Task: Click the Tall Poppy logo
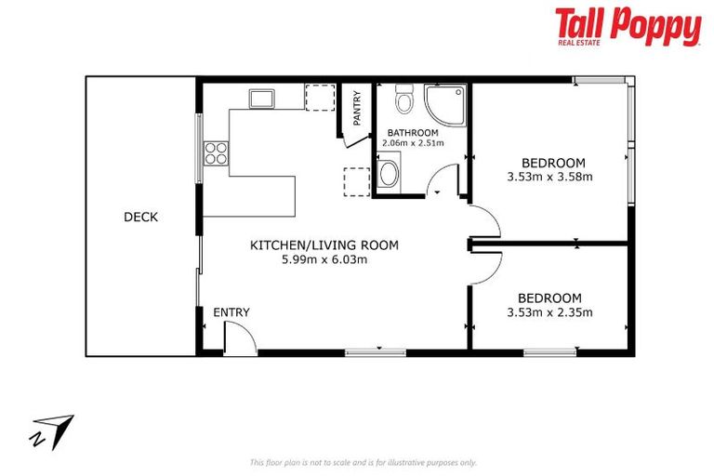(628, 26)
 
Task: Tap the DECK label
(140, 218)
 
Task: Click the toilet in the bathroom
(403, 99)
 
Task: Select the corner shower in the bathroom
(445, 105)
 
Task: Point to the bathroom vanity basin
(389, 174)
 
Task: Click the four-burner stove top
(216, 153)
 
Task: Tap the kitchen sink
(261, 99)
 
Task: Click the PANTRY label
(357, 109)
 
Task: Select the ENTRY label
(231, 312)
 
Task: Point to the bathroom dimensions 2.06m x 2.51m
(413, 143)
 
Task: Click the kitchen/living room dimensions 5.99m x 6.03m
(324, 260)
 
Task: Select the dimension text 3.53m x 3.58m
(549, 177)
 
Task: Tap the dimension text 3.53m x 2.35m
(549, 312)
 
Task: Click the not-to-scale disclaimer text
(363, 463)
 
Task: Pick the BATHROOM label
(413, 133)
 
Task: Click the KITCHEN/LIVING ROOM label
(324, 245)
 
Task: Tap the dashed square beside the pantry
(320, 98)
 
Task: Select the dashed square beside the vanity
(357, 182)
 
